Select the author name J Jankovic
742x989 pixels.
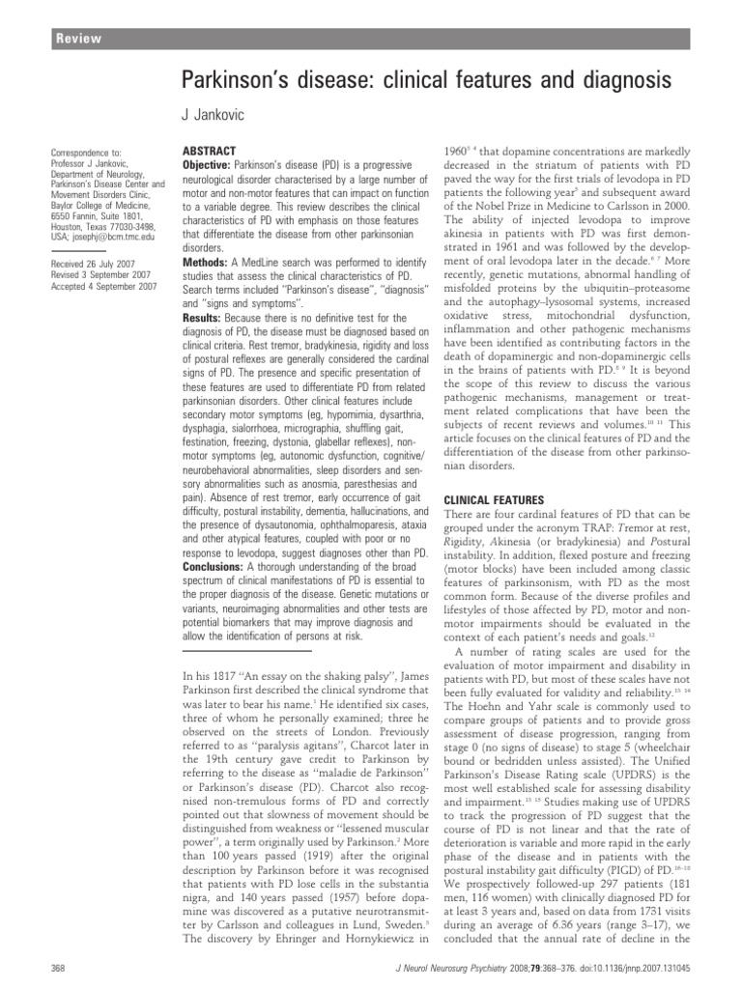click(x=217, y=116)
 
